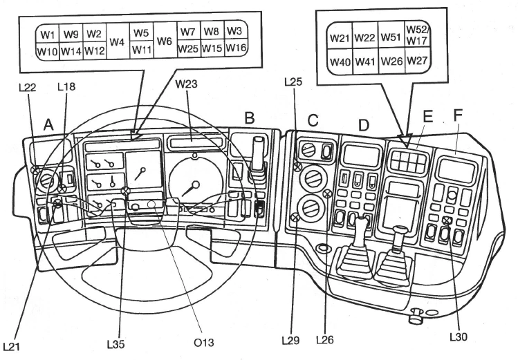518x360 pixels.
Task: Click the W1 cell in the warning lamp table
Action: (x=47, y=34)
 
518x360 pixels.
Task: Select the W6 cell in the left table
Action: (x=165, y=41)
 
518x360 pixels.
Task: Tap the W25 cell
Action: (x=188, y=50)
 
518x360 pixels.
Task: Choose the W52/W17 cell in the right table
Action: (x=416, y=35)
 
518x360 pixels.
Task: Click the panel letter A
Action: (x=48, y=124)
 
